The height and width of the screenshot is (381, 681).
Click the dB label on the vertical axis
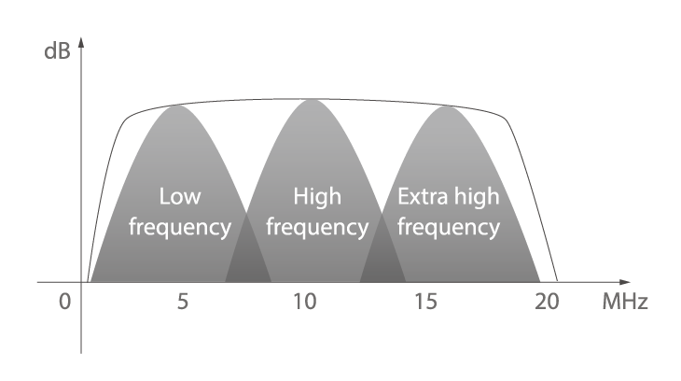pyautogui.click(x=57, y=51)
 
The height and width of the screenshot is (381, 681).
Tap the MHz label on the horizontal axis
pyautogui.click(x=625, y=302)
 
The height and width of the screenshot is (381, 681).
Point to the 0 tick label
pyautogui.click(x=64, y=302)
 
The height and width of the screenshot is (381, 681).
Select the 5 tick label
pyautogui.click(x=183, y=302)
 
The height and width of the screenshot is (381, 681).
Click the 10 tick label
pyautogui.click(x=305, y=302)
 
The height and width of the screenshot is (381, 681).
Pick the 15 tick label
pyautogui.click(x=426, y=302)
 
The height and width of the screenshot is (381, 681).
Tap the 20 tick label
pyautogui.click(x=547, y=302)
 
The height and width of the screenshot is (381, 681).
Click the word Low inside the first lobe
pyautogui.click(x=180, y=196)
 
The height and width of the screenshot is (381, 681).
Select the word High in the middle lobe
pyautogui.click(x=317, y=196)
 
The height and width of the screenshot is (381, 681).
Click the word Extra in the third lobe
pyautogui.click(x=423, y=196)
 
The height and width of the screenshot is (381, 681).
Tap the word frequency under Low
pyautogui.click(x=180, y=228)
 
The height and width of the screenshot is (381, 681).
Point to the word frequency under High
pyautogui.click(x=317, y=228)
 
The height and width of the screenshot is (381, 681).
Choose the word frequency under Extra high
pyautogui.click(x=449, y=228)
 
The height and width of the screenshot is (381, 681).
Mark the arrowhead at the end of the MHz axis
pyautogui.click(x=627, y=282)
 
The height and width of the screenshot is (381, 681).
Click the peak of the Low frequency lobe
pyautogui.click(x=176, y=106)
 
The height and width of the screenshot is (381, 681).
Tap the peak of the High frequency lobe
pyautogui.click(x=312, y=100)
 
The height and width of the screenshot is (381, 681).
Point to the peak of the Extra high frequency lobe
pyautogui.click(x=447, y=106)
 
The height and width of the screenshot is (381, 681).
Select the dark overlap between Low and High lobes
pyautogui.click(x=248, y=257)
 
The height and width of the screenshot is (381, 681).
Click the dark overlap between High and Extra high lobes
pyautogui.click(x=382, y=257)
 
